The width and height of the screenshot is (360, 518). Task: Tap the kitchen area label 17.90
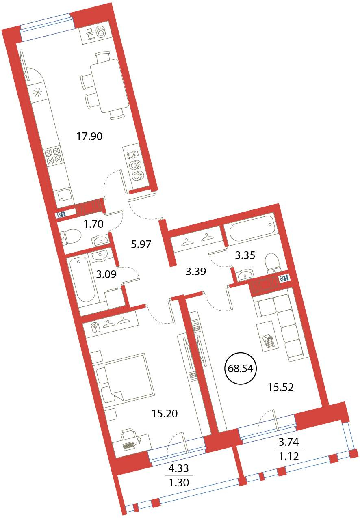(x=89, y=136)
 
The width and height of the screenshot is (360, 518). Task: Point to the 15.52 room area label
(x=281, y=387)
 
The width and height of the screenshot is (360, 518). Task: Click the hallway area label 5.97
(x=141, y=244)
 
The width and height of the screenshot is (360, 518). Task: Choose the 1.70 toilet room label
(x=93, y=224)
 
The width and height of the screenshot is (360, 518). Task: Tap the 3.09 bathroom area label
(x=106, y=274)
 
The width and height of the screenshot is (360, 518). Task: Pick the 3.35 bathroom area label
(x=245, y=255)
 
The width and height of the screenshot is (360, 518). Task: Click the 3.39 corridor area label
(x=196, y=271)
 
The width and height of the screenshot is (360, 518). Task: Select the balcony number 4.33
(x=179, y=469)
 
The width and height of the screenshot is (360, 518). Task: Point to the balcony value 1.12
(x=289, y=456)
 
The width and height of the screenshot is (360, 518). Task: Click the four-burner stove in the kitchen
(x=53, y=156)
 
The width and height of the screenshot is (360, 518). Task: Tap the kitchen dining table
(x=109, y=86)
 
